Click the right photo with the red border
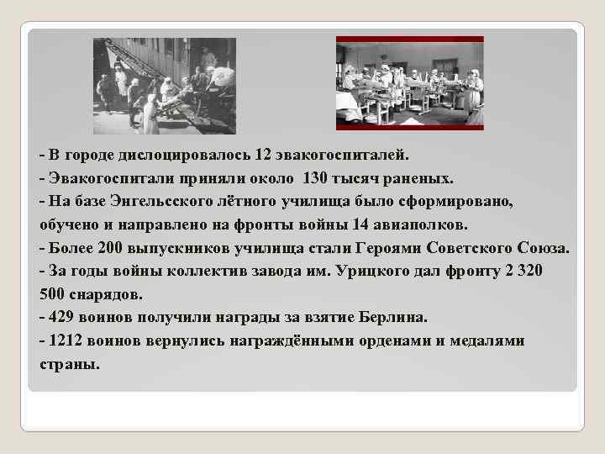coord(409,83)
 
